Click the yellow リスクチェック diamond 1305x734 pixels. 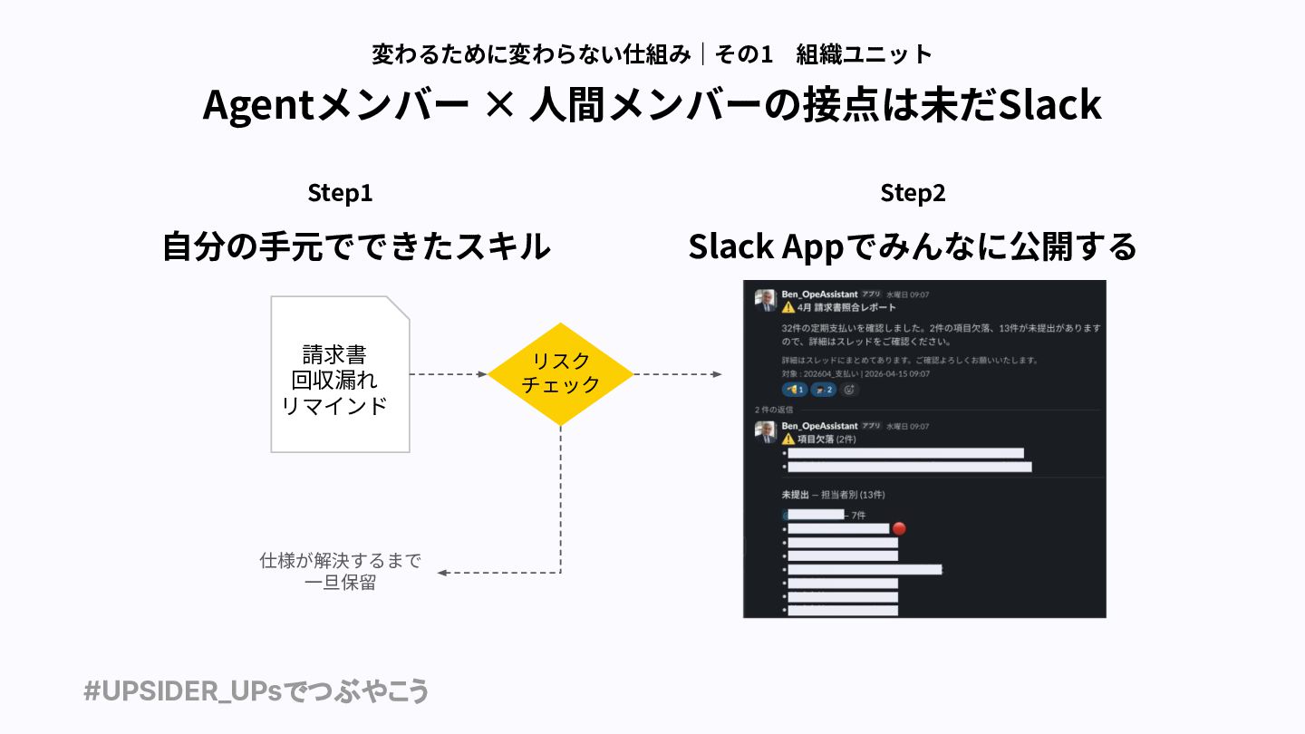(x=560, y=373)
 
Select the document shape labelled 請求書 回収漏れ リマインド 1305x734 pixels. (x=340, y=373)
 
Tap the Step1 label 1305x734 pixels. (x=340, y=193)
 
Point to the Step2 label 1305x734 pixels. (x=913, y=193)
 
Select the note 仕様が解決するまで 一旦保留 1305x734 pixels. (x=340, y=572)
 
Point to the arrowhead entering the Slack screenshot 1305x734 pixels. (x=717, y=374)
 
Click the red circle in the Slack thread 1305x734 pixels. (x=899, y=528)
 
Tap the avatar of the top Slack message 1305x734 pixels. (x=766, y=302)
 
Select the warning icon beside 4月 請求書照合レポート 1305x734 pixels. (x=788, y=307)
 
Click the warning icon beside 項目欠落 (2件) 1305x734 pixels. (x=788, y=439)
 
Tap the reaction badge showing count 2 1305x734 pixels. (x=823, y=390)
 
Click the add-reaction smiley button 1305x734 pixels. (x=849, y=390)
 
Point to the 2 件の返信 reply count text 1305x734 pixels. (x=774, y=410)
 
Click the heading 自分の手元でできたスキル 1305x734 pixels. (x=356, y=246)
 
